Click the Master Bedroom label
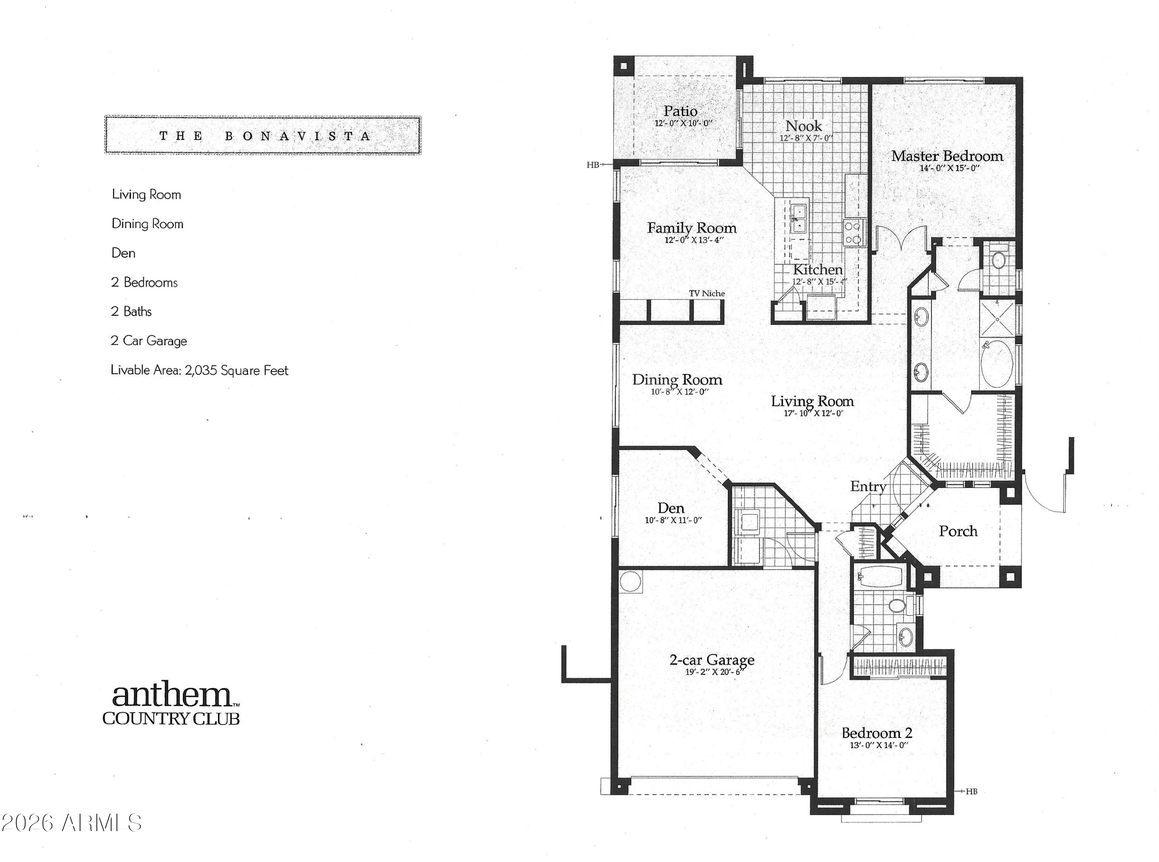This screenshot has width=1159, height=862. point(947,155)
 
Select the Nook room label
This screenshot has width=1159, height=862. point(804,126)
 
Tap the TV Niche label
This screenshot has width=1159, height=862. point(707,293)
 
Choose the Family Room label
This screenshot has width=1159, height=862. point(692,228)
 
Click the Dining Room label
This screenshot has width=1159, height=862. point(677,380)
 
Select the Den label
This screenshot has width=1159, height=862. point(671,508)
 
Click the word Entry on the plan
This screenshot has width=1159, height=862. point(868,487)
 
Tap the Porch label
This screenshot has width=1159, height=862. point(958,531)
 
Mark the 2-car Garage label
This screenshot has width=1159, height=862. point(712,660)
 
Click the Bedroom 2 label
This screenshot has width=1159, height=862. point(877,733)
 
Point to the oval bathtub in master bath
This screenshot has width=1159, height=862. point(997,365)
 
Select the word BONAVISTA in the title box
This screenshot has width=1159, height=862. point(298,136)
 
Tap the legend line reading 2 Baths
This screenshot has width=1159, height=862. point(131,311)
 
